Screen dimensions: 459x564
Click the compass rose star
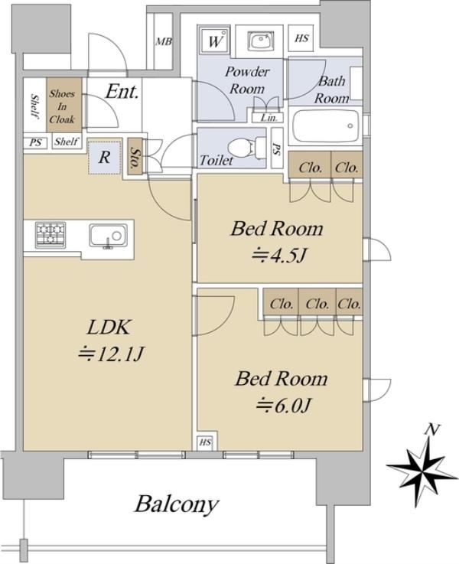click(x=423, y=467)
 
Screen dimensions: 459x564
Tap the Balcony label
click(x=177, y=505)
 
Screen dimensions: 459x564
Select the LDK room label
click(x=108, y=327)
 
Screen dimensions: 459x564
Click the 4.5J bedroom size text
click(x=278, y=256)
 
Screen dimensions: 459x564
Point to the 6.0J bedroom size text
click(x=283, y=406)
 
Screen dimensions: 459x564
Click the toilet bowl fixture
click(x=246, y=148)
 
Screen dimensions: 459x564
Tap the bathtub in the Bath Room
click(x=326, y=126)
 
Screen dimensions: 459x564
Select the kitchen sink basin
click(x=108, y=236)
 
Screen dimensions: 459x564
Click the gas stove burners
click(x=50, y=234)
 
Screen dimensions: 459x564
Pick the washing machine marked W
click(x=215, y=40)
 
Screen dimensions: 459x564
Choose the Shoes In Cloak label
click(x=62, y=106)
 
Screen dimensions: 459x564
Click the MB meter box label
click(x=164, y=42)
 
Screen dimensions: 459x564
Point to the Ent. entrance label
click(x=122, y=92)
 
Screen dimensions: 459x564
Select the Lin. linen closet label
click(x=269, y=118)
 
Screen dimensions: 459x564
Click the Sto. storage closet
click(x=135, y=158)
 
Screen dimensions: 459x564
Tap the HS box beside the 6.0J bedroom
click(x=205, y=442)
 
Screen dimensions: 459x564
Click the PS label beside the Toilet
click(x=277, y=149)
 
